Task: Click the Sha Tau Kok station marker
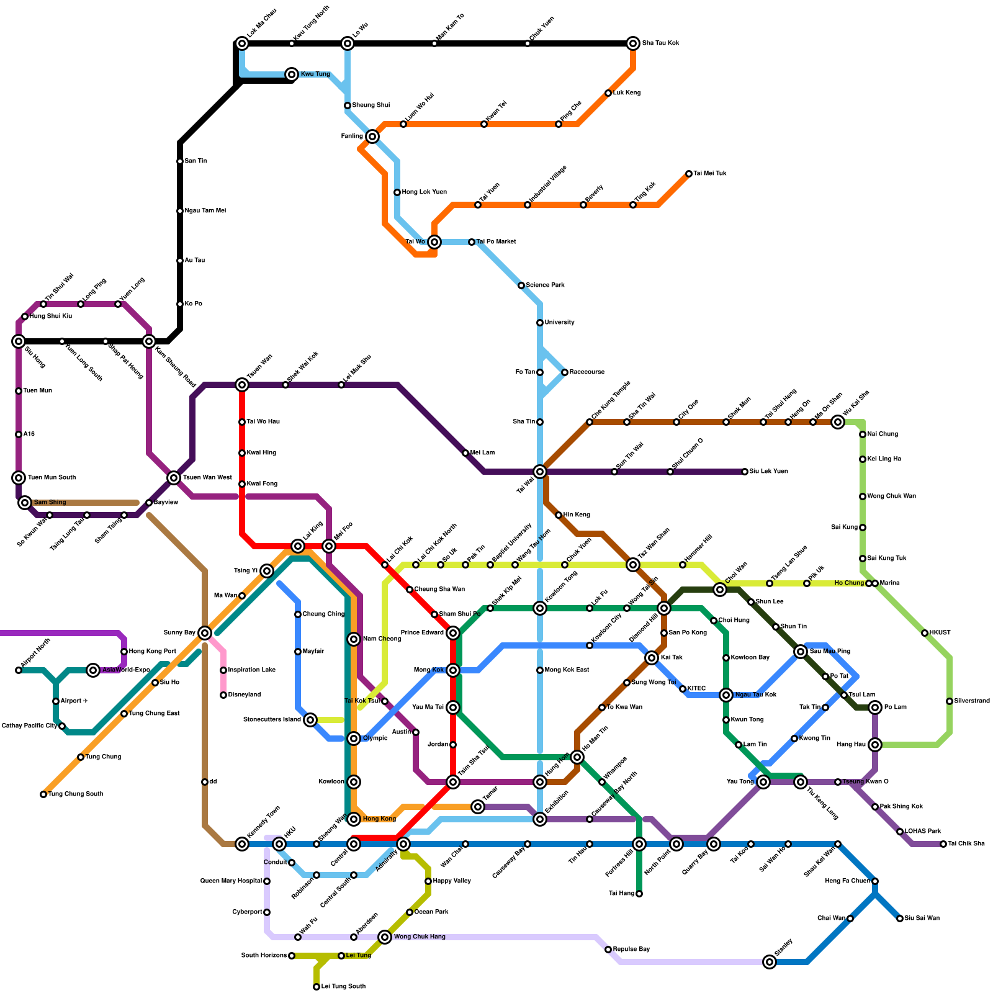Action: (x=633, y=43)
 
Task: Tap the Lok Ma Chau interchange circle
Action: (x=242, y=43)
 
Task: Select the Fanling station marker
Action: (x=372, y=137)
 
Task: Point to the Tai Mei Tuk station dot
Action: (x=689, y=174)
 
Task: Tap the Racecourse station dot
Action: (x=565, y=372)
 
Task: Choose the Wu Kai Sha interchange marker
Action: (x=838, y=422)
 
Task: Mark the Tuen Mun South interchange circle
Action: (x=19, y=478)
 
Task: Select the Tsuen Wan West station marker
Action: (x=174, y=478)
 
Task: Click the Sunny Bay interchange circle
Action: (x=205, y=633)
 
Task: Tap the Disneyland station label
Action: (x=245, y=695)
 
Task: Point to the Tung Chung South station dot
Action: (x=43, y=794)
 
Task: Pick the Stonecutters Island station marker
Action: (x=310, y=720)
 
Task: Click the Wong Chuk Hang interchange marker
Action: (x=385, y=937)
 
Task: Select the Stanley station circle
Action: (x=770, y=962)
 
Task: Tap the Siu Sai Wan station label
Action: (x=922, y=919)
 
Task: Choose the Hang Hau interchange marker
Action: (x=875, y=745)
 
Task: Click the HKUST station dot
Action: (x=925, y=633)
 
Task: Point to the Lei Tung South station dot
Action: (x=317, y=987)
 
